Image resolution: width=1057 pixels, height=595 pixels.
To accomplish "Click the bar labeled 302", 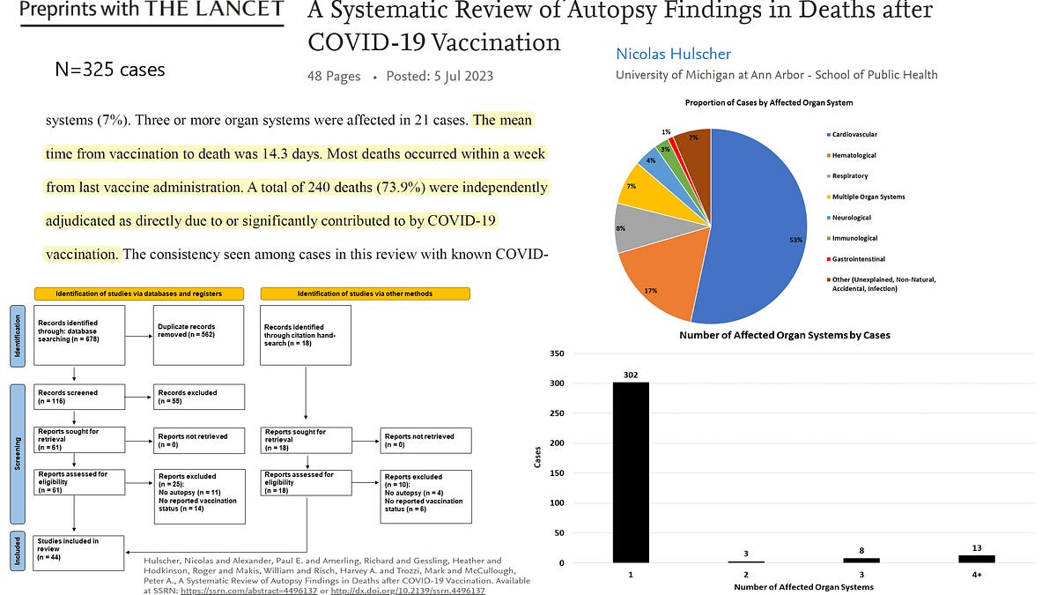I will (631, 472).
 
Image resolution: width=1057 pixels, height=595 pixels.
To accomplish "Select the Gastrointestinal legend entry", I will (858, 259).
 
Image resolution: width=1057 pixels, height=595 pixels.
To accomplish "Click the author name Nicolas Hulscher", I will (673, 54).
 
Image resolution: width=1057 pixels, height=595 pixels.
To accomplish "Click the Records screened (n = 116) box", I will (78, 397).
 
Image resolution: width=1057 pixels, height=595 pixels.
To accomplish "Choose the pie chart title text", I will (769, 102).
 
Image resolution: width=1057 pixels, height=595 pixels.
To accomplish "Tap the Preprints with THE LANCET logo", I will (152, 11).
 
